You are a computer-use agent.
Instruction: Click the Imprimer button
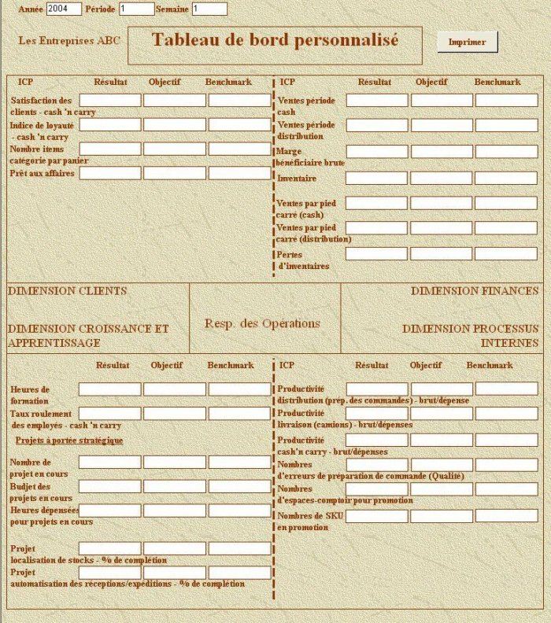[x=468, y=42]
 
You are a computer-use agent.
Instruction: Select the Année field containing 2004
[x=64, y=9]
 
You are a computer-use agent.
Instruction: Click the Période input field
[x=136, y=9]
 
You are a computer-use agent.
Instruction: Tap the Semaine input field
[x=209, y=9]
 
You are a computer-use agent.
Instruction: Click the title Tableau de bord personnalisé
[x=275, y=40]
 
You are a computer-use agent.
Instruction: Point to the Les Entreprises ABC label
[x=69, y=39]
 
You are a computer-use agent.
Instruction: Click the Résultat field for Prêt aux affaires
[x=110, y=173]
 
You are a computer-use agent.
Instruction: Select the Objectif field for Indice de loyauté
[x=175, y=125]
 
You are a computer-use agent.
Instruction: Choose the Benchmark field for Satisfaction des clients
[x=239, y=101]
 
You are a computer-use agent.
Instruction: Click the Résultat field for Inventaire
[x=377, y=179]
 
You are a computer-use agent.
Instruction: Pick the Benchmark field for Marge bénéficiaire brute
[x=506, y=152]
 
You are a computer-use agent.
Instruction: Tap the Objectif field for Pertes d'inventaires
[x=442, y=254]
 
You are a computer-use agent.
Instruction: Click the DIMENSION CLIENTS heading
[x=67, y=291]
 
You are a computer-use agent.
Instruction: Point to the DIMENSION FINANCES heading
[x=475, y=291]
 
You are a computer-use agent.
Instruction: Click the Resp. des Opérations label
[x=262, y=323]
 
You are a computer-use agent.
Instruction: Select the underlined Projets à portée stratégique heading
[x=69, y=441]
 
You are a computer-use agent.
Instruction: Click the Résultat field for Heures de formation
[x=110, y=389]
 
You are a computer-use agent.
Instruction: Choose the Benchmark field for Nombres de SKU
[x=506, y=516]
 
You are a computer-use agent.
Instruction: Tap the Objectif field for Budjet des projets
[x=175, y=487]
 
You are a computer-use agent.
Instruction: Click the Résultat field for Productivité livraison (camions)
[x=377, y=414]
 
